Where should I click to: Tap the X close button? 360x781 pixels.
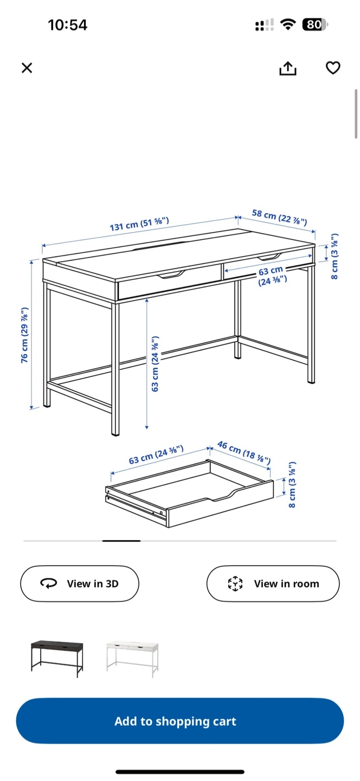[27, 68]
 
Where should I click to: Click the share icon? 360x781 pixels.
[288, 68]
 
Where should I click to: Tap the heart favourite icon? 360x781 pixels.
[333, 68]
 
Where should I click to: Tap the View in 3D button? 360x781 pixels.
[80, 584]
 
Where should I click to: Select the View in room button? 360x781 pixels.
[273, 584]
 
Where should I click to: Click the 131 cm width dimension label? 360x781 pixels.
[139, 224]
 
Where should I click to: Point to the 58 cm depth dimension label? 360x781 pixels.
[280, 217]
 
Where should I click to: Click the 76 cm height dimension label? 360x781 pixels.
[24, 335]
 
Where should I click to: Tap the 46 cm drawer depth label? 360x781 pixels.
[243, 452]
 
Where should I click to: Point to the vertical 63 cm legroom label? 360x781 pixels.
[155, 363]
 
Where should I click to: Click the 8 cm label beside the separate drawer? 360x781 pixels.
[292, 485]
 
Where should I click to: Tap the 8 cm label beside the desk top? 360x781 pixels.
[334, 256]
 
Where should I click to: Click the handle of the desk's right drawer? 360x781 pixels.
[269, 258]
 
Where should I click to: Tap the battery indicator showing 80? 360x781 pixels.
[315, 24]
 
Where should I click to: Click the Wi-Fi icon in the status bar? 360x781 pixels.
[287, 24]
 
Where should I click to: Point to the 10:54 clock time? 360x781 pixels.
[67, 25]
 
